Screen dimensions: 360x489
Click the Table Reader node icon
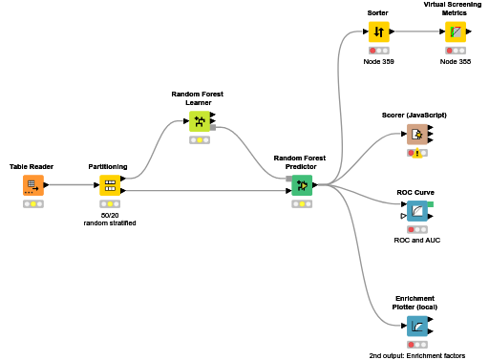tap(32, 184)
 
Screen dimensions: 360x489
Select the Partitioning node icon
tap(109, 184)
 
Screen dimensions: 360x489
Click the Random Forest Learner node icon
tap(199, 121)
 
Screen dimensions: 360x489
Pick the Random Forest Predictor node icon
tap(302, 184)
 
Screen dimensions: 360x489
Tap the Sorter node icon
tap(378, 32)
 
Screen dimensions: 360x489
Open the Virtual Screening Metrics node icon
tap(456, 32)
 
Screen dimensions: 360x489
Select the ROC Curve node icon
tap(416, 210)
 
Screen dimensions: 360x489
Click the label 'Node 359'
tap(378, 61)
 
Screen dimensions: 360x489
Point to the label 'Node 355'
tap(456, 61)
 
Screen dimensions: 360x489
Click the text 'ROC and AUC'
tap(416, 240)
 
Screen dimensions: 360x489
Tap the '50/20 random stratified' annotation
tap(109, 219)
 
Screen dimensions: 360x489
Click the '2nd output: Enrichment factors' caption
tap(416, 354)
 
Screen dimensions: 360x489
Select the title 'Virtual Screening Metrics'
tap(456, 10)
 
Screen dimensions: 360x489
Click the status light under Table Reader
tap(32, 203)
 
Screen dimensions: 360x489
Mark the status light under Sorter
tap(378, 50)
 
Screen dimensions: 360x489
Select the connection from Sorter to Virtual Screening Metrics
tap(417, 32)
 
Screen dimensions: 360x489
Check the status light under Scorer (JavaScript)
tap(415, 153)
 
